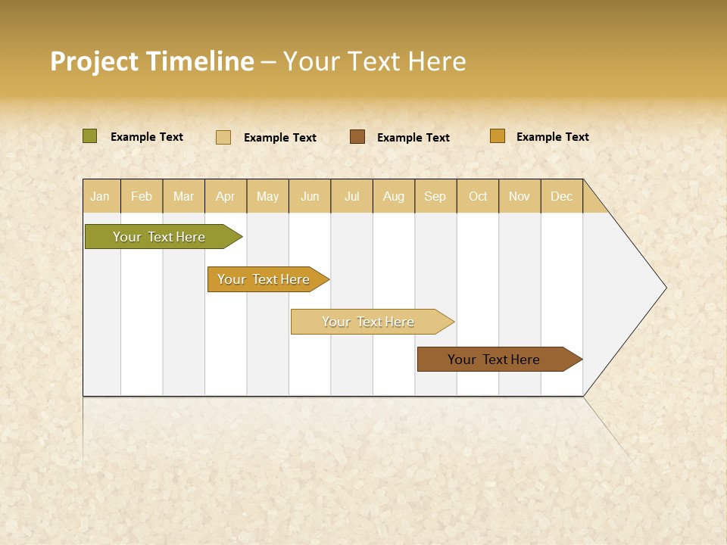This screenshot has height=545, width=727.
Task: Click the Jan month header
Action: [100, 197]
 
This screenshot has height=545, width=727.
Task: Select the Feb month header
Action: [142, 197]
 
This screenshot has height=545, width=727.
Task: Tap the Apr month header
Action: [225, 197]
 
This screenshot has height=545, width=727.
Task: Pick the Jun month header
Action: [310, 197]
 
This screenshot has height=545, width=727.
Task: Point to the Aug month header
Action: [393, 197]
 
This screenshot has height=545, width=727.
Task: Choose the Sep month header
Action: [435, 197]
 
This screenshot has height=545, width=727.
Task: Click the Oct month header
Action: [478, 197]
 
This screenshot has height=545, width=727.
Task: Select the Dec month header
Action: [561, 197]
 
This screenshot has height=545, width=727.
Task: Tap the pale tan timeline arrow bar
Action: [369, 322]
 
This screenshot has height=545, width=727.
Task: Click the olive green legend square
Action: [90, 136]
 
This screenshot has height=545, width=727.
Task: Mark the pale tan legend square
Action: [223, 137]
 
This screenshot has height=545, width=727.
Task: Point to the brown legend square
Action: [357, 137]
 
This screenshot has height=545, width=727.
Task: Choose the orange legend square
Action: [498, 136]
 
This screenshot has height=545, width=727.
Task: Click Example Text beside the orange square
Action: [552, 137]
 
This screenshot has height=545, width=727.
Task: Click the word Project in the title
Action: [94, 61]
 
